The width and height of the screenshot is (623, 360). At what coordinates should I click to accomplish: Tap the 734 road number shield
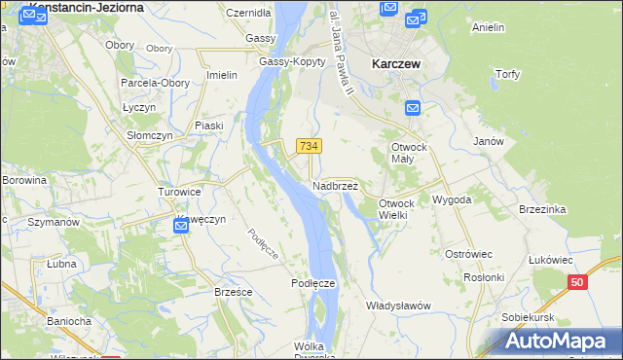(x=309, y=146)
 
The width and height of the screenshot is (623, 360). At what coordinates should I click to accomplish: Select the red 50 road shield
(x=578, y=282)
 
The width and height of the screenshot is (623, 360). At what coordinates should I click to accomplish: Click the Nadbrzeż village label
(x=335, y=185)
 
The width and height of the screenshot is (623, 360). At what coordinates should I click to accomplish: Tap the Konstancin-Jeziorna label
(x=88, y=7)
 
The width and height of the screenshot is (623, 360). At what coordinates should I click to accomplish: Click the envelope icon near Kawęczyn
(x=181, y=226)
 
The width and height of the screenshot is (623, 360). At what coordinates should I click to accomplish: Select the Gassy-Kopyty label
(x=284, y=61)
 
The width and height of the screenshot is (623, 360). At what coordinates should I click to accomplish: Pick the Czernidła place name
(x=247, y=14)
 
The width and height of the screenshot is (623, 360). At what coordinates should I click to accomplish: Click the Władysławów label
(x=397, y=306)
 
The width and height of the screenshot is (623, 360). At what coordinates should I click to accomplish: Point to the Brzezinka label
(x=543, y=209)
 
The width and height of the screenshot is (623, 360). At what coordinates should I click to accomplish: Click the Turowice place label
(x=179, y=192)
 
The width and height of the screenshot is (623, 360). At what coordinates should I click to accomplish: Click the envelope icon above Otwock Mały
(x=412, y=109)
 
